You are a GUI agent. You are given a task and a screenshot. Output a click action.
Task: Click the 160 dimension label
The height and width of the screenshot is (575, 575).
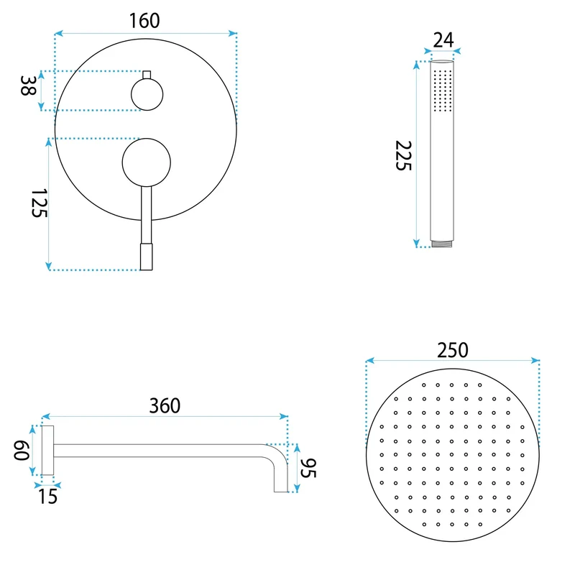tap(144, 21)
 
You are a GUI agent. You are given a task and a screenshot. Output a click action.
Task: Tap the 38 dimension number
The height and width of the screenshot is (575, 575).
tap(28, 86)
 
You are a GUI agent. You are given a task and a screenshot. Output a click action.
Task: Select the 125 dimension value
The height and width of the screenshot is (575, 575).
tap(40, 203)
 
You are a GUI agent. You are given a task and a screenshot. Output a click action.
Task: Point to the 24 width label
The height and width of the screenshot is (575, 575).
tap(443, 40)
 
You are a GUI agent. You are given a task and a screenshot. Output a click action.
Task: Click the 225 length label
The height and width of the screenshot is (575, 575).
tap(403, 155)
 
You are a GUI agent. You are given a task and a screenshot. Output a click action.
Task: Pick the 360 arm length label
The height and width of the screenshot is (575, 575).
tap(165, 406)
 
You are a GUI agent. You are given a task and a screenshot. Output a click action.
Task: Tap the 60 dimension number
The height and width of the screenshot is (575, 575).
tap(22, 451)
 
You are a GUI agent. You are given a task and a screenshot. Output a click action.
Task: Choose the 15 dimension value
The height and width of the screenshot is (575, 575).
tap(48, 497)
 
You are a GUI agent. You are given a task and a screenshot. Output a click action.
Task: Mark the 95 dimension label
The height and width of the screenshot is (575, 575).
tap(308, 468)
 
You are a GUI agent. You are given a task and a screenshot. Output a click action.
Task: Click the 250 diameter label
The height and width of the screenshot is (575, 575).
tap(453, 350)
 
